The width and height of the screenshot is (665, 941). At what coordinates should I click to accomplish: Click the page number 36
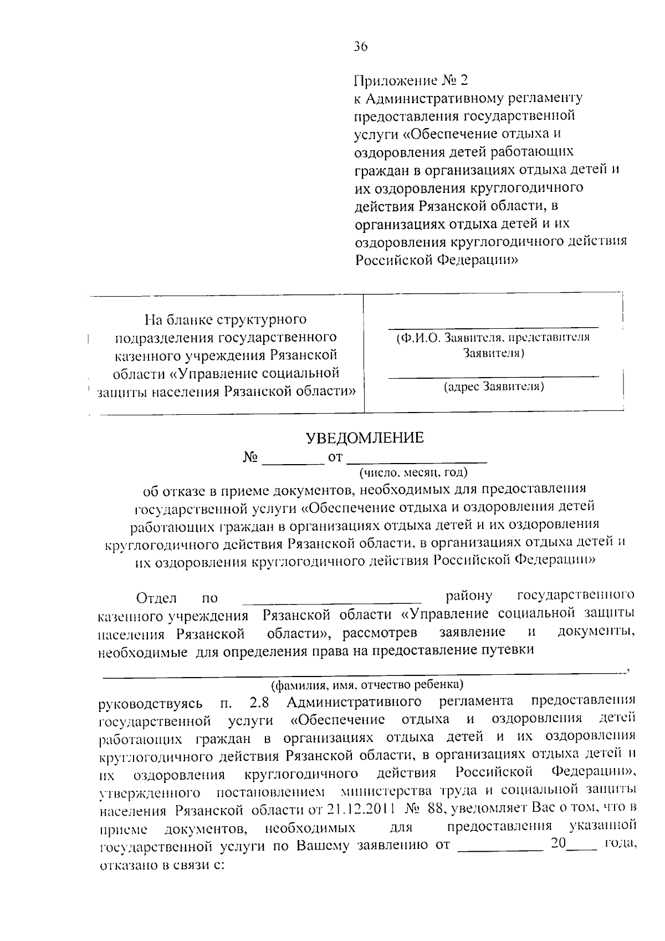(361, 47)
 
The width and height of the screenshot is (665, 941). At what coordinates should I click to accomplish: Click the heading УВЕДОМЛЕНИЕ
(365, 438)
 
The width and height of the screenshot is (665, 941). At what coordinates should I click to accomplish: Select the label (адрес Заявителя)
(493, 386)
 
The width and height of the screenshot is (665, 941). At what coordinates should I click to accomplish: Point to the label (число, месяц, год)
(413, 473)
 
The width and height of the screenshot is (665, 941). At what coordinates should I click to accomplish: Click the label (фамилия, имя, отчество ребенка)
(363, 683)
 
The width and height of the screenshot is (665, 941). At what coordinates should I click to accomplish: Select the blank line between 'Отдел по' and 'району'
(332, 601)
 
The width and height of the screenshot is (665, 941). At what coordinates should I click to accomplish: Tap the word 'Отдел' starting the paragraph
(156, 598)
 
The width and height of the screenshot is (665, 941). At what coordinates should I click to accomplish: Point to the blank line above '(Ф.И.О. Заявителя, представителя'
(493, 327)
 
